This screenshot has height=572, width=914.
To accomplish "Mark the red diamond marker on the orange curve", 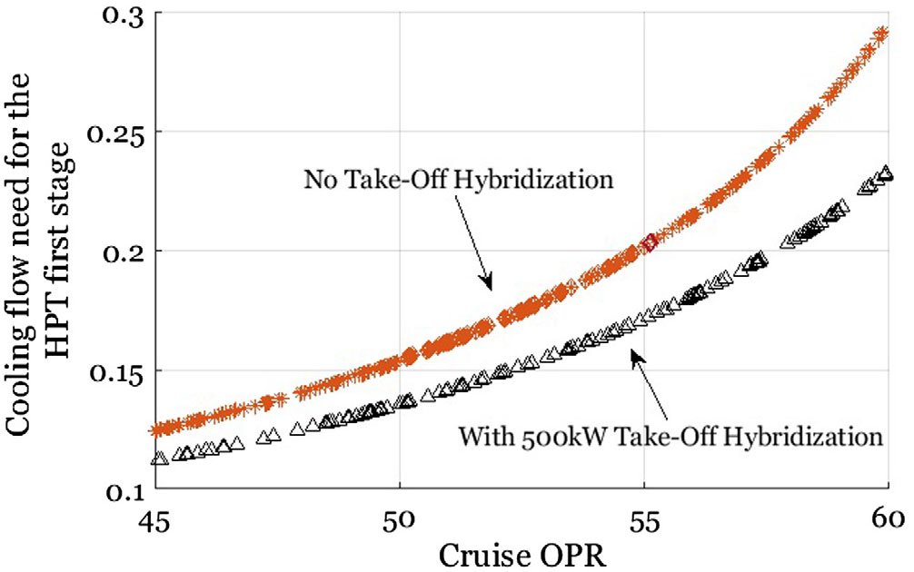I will [649, 242].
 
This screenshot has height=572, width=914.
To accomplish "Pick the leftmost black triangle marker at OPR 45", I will [159, 459].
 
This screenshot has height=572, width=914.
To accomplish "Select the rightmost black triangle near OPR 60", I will [882, 173].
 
